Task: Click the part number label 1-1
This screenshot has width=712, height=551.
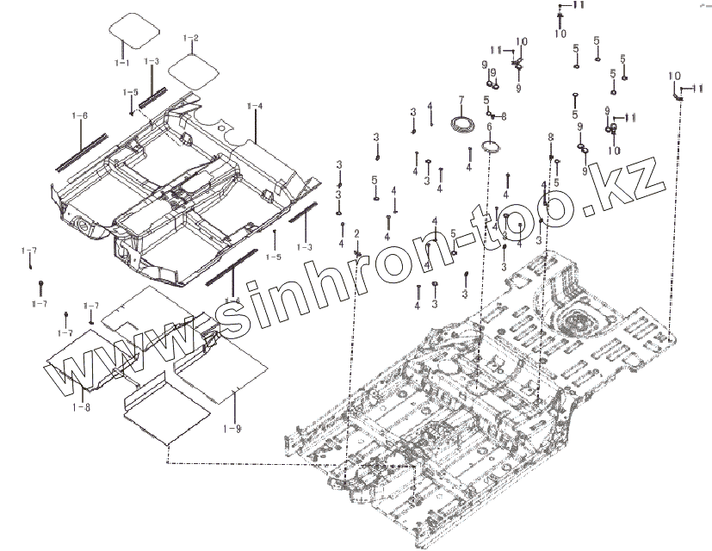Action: click(x=121, y=63)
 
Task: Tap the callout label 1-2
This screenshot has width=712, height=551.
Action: click(x=191, y=39)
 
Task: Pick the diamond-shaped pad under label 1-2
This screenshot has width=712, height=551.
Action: click(x=191, y=68)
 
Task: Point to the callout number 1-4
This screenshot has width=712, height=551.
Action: click(x=255, y=106)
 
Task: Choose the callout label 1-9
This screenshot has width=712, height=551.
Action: click(x=232, y=429)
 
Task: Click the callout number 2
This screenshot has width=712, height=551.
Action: click(x=356, y=234)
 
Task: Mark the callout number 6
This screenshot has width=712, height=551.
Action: click(x=489, y=127)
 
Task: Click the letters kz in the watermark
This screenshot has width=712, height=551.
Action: click(x=638, y=185)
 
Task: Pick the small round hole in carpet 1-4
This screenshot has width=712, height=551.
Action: click(x=83, y=226)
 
